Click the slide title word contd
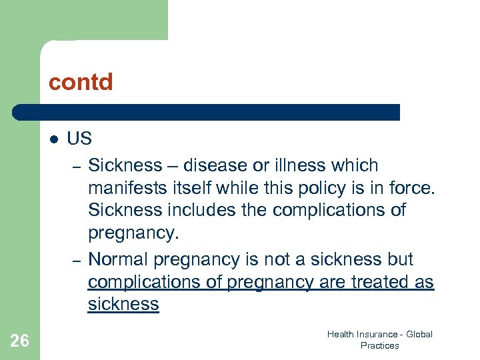pyautogui.click(x=81, y=83)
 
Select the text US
pyautogui.click(x=79, y=139)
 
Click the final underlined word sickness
pyautogui.click(x=123, y=305)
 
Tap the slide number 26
pyautogui.click(x=20, y=341)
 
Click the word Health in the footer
pyautogui.click(x=341, y=334)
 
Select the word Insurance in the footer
pyautogui.click(x=377, y=334)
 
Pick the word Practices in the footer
pyautogui.click(x=379, y=345)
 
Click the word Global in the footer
pyautogui.click(x=419, y=334)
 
